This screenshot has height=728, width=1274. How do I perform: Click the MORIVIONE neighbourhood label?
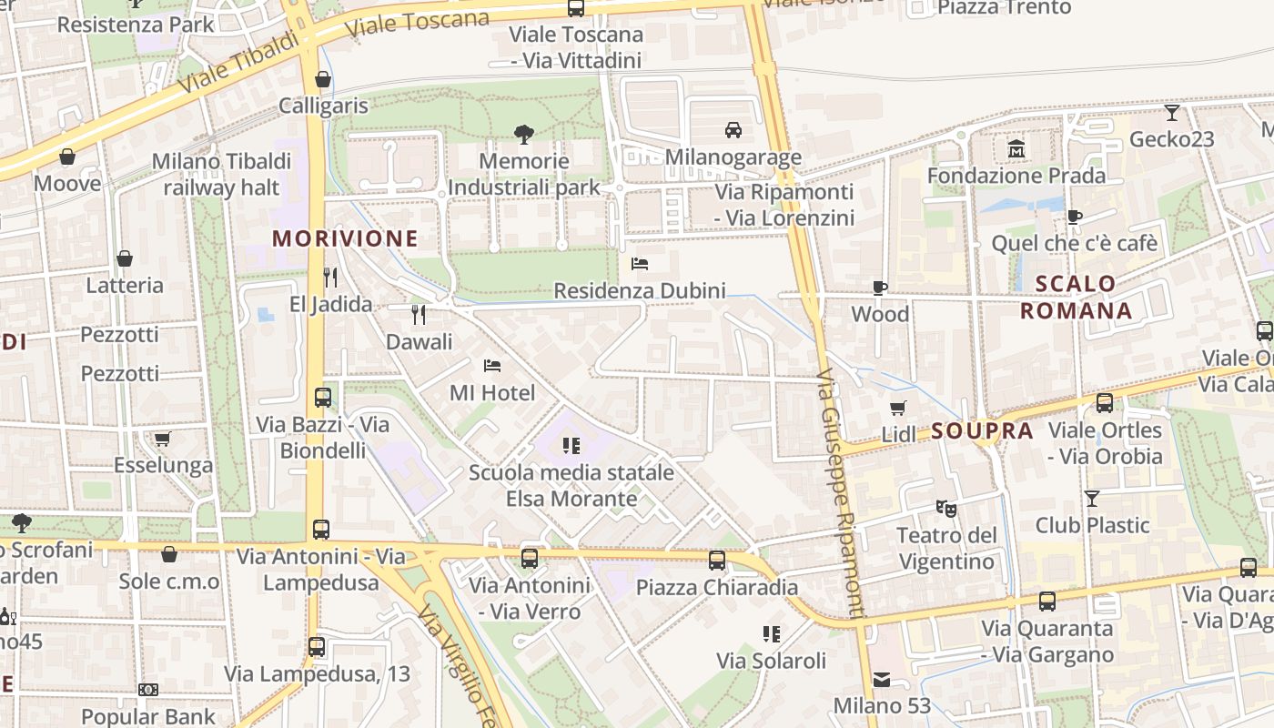[346, 238]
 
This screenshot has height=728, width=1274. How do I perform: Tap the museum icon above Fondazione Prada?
[1016, 148]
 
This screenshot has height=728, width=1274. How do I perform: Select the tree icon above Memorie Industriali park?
[523, 135]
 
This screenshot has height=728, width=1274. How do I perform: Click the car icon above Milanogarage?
[733, 130]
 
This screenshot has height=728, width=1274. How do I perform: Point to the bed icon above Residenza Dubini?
[640, 264]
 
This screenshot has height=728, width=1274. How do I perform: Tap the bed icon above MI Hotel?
[492, 366]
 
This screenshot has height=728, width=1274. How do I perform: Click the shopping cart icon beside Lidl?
[898, 408]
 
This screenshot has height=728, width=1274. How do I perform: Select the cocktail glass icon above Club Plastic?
[1092, 498]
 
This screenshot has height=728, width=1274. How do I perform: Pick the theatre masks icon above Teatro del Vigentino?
[945, 509]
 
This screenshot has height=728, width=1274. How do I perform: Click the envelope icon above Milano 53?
[881, 679]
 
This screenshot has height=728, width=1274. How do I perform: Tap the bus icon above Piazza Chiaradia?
[717, 560]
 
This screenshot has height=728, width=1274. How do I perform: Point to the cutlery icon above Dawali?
[419, 315]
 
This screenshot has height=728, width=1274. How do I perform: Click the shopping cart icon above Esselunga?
[163, 439]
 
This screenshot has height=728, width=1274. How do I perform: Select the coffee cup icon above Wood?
[880, 288]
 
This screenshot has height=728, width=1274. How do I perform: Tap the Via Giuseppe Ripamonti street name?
[837, 495]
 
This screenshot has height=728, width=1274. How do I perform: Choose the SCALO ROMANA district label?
[1076, 298]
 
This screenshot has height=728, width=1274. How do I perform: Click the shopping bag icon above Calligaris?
[323, 79]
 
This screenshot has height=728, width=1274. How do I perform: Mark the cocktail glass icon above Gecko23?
[1172, 113]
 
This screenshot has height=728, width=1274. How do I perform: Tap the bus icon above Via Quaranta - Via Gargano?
[1047, 601]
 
